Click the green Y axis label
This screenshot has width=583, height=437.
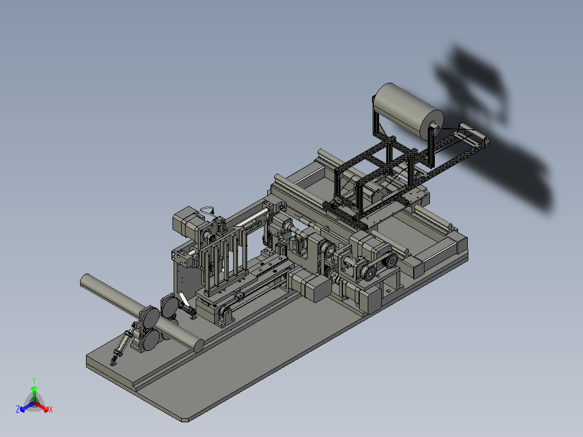34,380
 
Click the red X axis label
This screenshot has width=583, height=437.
51,409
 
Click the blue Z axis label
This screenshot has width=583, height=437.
18,409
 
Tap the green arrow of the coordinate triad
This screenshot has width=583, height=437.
34,394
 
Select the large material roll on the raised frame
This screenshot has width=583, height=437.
408,111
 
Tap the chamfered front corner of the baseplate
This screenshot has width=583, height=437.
185,420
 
